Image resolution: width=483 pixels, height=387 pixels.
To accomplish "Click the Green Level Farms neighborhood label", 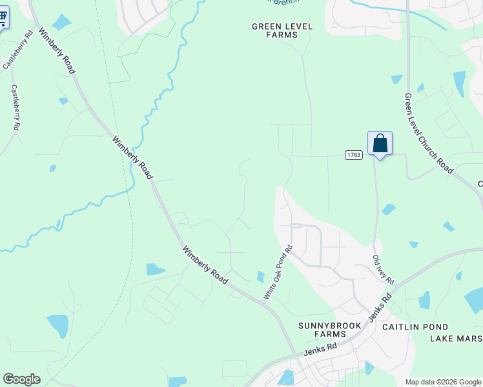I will (x=282, y=30).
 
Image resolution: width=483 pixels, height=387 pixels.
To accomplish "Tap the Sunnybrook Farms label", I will (x=329, y=330).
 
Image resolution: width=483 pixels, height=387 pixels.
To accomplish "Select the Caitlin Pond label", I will (x=415, y=327).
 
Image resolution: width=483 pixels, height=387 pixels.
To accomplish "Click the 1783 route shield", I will (x=353, y=155).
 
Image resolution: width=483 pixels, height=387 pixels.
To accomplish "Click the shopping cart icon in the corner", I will (x=3, y=18).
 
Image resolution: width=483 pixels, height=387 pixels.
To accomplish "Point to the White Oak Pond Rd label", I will (x=278, y=272).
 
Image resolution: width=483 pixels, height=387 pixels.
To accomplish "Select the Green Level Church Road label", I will (x=429, y=133).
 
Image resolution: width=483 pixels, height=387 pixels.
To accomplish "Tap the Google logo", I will (x=21, y=379).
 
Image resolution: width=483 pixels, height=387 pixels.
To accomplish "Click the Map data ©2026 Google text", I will (x=443, y=382).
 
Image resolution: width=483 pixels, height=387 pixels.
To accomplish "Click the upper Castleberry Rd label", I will (x=18, y=50).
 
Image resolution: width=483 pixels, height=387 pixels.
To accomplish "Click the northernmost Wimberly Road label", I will (x=55, y=50).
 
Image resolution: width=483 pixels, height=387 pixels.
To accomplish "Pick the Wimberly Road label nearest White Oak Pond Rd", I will (x=205, y=265).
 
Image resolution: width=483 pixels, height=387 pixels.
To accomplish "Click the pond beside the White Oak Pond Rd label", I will (x=260, y=277).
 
